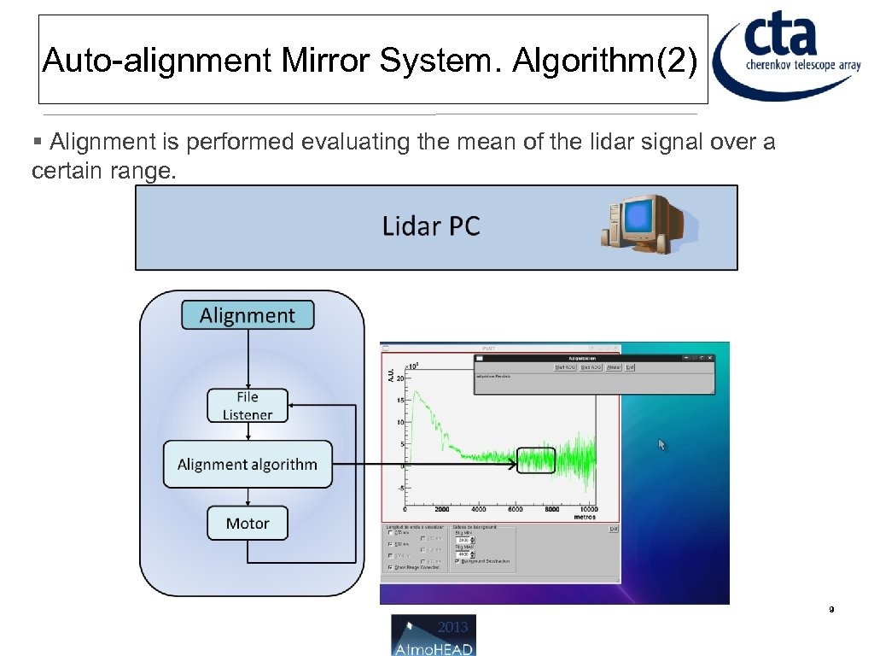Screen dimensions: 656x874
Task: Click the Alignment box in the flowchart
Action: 248,315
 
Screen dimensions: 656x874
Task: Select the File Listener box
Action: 248,406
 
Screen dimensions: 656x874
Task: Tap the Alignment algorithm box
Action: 248,465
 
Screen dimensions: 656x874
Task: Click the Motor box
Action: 248,523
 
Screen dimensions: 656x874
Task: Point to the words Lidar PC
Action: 431,226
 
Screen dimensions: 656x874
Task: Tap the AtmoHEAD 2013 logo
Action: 434,635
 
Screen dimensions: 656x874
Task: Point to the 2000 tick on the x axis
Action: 442,509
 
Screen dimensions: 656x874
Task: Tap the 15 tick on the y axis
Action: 401,422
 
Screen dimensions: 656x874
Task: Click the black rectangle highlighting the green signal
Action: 536,460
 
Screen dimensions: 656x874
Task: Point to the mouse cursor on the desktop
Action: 661,444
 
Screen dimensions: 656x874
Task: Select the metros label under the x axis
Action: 586,517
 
